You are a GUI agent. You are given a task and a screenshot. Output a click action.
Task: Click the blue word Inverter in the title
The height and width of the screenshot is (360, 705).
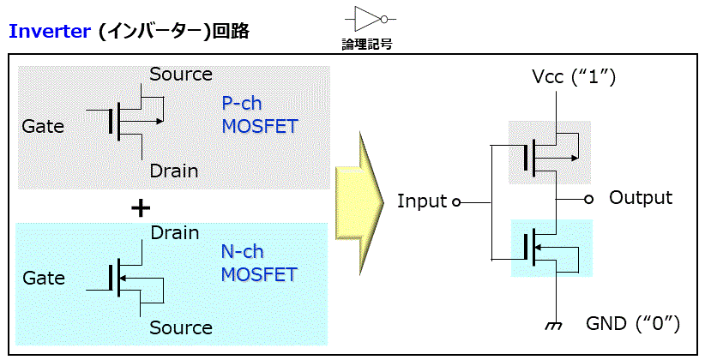coord(50,32)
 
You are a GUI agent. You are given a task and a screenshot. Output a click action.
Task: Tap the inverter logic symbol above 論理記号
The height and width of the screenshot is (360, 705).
coord(370,20)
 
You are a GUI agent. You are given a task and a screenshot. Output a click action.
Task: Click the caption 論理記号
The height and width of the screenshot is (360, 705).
coord(367,44)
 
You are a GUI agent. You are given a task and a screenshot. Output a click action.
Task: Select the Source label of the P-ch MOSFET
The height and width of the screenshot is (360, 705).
coord(181,75)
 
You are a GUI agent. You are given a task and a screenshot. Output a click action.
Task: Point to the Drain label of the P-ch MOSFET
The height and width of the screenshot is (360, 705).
coord(173,171)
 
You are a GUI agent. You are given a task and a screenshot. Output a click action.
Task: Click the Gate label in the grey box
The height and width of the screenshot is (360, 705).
coord(43,126)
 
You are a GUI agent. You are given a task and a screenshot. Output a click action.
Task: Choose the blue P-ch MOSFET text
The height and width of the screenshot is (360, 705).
coord(260,115)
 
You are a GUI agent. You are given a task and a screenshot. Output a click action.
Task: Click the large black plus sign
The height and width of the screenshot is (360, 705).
coord(141,208)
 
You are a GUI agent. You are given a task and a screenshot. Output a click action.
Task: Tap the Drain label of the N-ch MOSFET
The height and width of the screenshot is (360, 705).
coord(174,233)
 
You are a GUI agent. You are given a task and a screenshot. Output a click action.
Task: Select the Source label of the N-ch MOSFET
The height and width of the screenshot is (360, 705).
coord(181,327)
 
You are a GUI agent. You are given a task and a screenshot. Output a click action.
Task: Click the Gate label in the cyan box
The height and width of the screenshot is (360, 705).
coord(44,279)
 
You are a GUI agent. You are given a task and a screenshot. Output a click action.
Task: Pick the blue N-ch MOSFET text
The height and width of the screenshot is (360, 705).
coord(259,263)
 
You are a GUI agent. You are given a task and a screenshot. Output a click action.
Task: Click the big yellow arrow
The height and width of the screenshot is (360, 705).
coord(359,203)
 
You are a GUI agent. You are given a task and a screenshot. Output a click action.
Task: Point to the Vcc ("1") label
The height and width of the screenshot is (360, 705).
coord(573,78)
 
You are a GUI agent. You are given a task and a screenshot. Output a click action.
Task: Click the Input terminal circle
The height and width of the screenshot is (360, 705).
coord(456,202)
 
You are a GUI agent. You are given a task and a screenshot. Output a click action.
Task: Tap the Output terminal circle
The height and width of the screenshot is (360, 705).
coord(588,199)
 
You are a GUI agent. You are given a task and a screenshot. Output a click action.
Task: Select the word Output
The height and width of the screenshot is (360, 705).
coord(641,198)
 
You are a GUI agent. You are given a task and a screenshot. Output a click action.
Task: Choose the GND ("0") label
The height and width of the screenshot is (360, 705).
coord(633,324)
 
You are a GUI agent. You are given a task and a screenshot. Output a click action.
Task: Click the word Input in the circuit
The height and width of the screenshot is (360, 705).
coord(422,201)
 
